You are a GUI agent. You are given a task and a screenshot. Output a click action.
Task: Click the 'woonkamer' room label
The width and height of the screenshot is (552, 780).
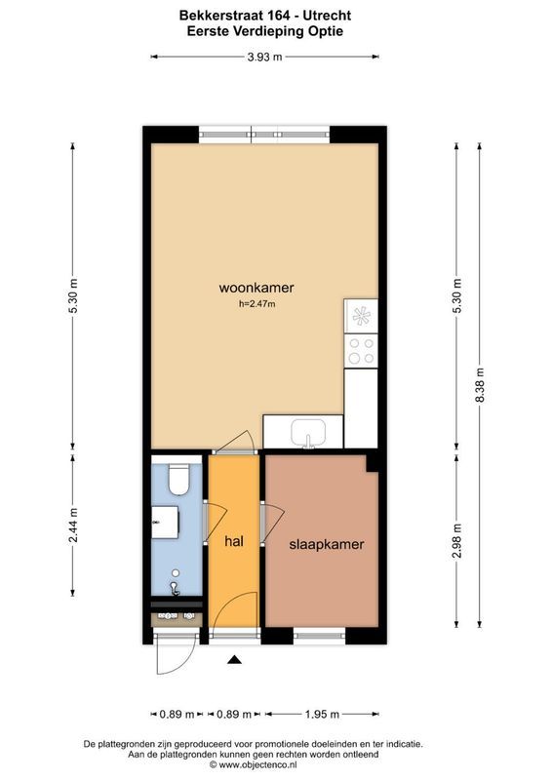click(x=256, y=288)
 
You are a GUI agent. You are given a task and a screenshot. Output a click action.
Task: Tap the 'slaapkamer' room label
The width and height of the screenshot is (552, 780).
click(x=326, y=545)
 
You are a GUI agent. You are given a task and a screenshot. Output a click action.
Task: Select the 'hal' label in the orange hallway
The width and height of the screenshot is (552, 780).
click(x=234, y=541)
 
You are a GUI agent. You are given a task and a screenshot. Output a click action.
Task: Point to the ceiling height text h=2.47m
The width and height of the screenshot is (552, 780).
click(x=257, y=304)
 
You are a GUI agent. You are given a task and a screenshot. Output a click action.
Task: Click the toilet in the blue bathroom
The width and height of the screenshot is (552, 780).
click(x=178, y=479)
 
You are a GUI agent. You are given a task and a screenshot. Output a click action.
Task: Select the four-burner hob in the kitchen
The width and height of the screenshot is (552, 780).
click(x=362, y=350)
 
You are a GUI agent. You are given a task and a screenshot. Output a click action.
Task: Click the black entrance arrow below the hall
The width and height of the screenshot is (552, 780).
click(x=234, y=661)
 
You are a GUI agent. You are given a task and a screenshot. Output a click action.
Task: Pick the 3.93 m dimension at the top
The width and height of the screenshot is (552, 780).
click(x=263, y=57)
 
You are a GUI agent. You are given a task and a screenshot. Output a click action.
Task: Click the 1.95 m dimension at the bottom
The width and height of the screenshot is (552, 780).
click(x=321, y=714)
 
